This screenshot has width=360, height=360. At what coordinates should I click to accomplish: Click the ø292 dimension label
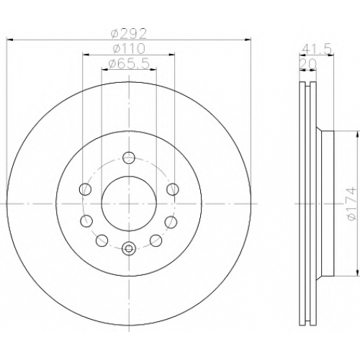click(128, 34)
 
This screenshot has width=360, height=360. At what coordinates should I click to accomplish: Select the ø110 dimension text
click(129, 49)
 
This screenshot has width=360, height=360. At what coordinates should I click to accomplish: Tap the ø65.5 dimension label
click(129, 63)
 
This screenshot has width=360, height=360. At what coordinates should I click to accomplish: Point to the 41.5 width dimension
click(317, 50)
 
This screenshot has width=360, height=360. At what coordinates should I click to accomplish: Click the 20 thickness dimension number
click(309, 64)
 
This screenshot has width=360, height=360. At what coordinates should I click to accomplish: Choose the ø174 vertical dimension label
click(351, 204)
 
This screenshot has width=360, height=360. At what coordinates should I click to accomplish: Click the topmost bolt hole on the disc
click(129, 158)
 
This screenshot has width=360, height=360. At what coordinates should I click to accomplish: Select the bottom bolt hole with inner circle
click(129, 248)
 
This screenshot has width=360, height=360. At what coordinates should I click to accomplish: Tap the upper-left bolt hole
click(85, 189)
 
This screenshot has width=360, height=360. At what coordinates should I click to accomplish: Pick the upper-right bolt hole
click(173, 189)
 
